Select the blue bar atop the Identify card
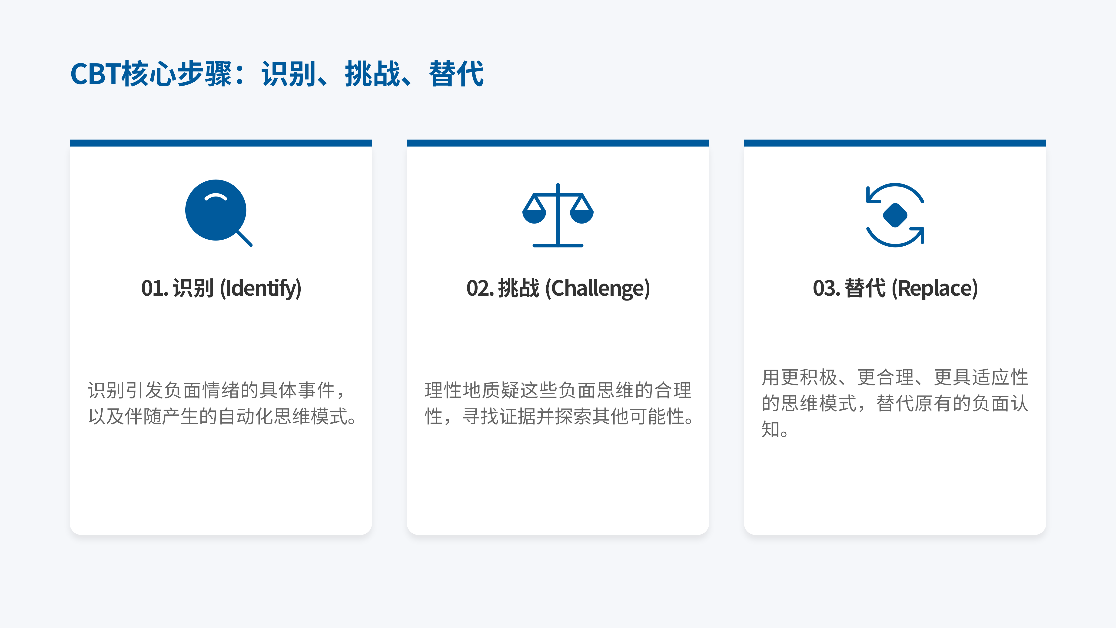click(x=220, y=143)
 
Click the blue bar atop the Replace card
click(x=895, y=143)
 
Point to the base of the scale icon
click(x=558, y=245)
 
